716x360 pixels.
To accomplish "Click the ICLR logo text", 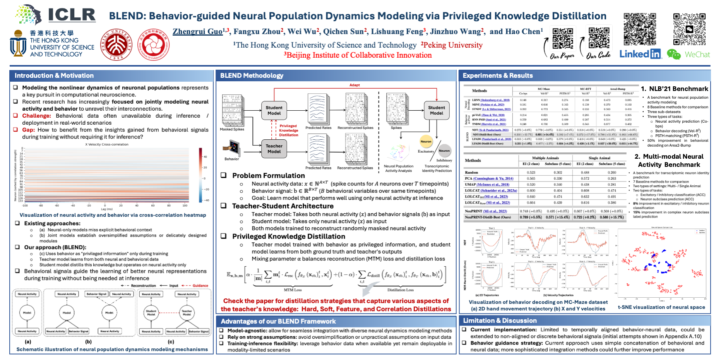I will point(72,15).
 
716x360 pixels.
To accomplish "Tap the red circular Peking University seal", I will point(116,45).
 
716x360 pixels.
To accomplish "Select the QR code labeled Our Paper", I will point(562,38).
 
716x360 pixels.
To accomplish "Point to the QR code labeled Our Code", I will point(598,38).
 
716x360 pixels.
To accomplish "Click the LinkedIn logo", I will point(640,54).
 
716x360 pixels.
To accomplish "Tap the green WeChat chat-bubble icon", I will point(674,55).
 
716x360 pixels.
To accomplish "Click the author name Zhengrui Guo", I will point(197,31).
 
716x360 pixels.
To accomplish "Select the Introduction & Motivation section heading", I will point(54,75).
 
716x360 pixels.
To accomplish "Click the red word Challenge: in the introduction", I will point(36,116).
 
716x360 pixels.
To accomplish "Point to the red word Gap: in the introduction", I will point(28,130).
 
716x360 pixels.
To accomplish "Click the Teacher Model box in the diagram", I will point(274,149).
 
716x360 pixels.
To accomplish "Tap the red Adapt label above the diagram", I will point(355,85).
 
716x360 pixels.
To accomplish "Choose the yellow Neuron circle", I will point(426,142).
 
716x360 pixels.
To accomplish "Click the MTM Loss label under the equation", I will point(293,290).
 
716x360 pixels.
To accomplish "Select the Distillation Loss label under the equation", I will point(401,290).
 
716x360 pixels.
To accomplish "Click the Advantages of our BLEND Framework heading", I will point(278,321).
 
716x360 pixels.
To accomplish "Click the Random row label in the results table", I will point(471,173).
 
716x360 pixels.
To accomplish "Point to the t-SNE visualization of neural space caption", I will point(661,307).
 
